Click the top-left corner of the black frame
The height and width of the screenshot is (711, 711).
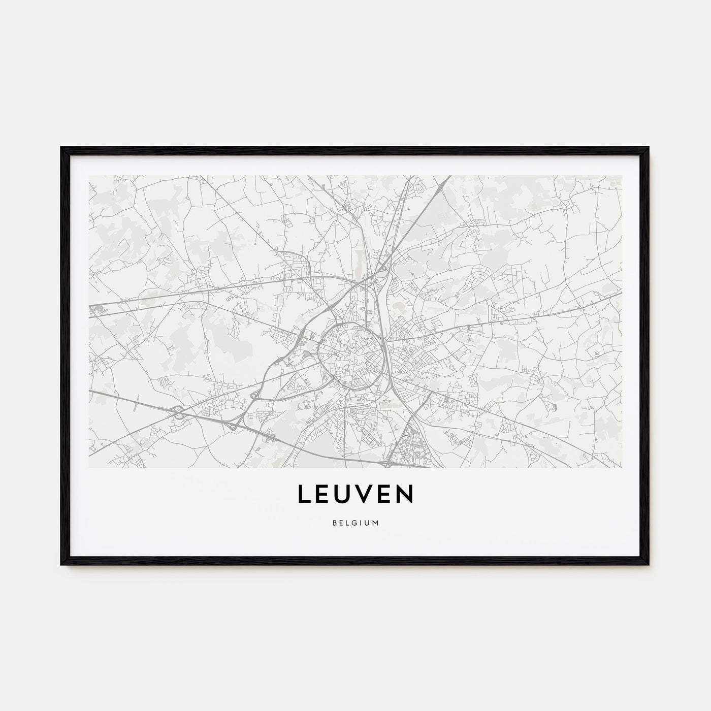coord(62,148)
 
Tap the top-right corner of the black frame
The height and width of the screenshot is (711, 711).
coord(649,148)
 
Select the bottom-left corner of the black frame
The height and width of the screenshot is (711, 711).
coord(62,565)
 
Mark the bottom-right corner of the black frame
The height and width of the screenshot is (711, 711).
coord(649,565)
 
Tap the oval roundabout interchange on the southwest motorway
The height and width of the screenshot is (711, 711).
coord(179,412)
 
